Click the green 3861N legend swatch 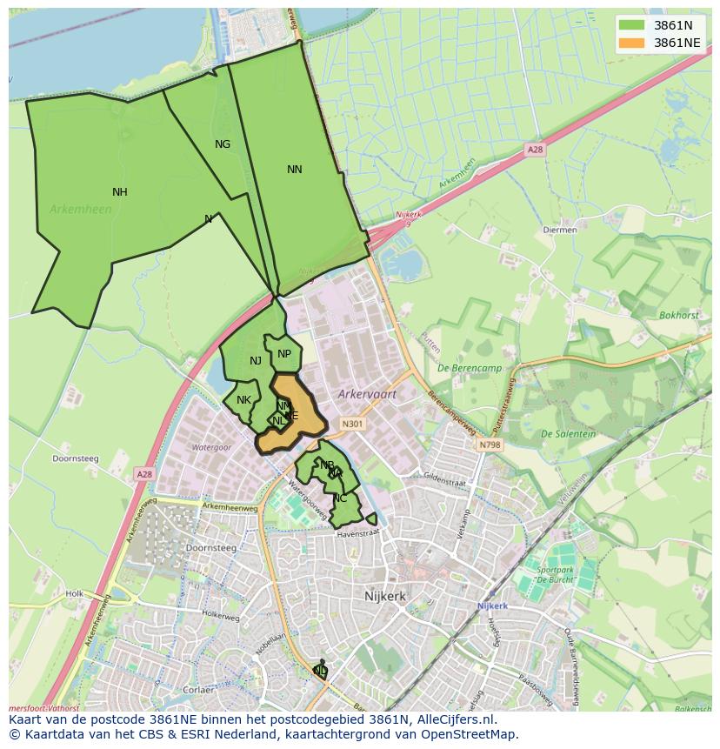pos(632,25)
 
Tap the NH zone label pos(120,192)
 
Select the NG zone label pos(223,144)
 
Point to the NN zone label pos(295,170)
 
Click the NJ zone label pos(256,361)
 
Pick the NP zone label pos(284,353)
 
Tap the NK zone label pos(243,400)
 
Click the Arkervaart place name pos(367,394)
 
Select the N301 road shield pos(351,425)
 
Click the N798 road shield pos(490,445)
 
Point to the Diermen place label pos(559,231)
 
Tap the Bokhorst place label pos(678,316)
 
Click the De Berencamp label pos(470,368)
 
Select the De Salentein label pos(568,434)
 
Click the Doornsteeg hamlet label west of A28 pos(76,458)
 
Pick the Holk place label pos(74,594)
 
